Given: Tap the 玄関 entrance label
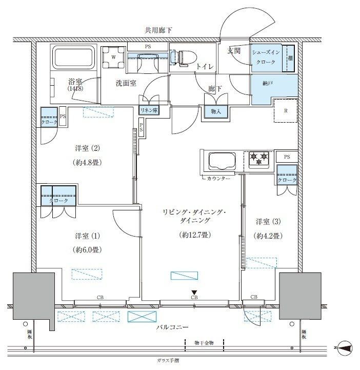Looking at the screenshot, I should coord(235,50).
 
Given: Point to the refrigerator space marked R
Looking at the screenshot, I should coord(285,110).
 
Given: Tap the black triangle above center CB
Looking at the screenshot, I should coord(194,292).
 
